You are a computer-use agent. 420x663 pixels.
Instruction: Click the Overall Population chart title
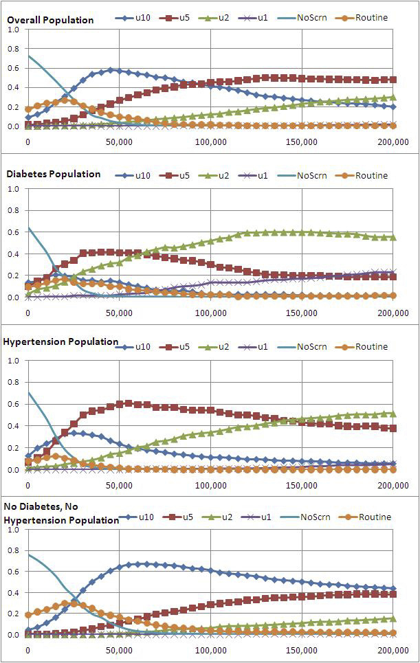tap(50, 20)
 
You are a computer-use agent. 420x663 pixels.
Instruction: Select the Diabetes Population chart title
tap(54, 174)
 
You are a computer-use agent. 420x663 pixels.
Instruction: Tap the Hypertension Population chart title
tap(61, 341)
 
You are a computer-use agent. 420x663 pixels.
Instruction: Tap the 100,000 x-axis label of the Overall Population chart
tap(210, 142)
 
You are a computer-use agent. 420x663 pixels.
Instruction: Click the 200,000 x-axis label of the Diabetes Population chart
tap(393, 313)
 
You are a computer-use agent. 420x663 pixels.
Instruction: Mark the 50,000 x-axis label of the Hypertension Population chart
tap(119, 485)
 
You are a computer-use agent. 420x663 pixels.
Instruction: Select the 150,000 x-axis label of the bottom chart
tap(302, 649)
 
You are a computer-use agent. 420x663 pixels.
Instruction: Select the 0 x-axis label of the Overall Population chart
tap(27, 142)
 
